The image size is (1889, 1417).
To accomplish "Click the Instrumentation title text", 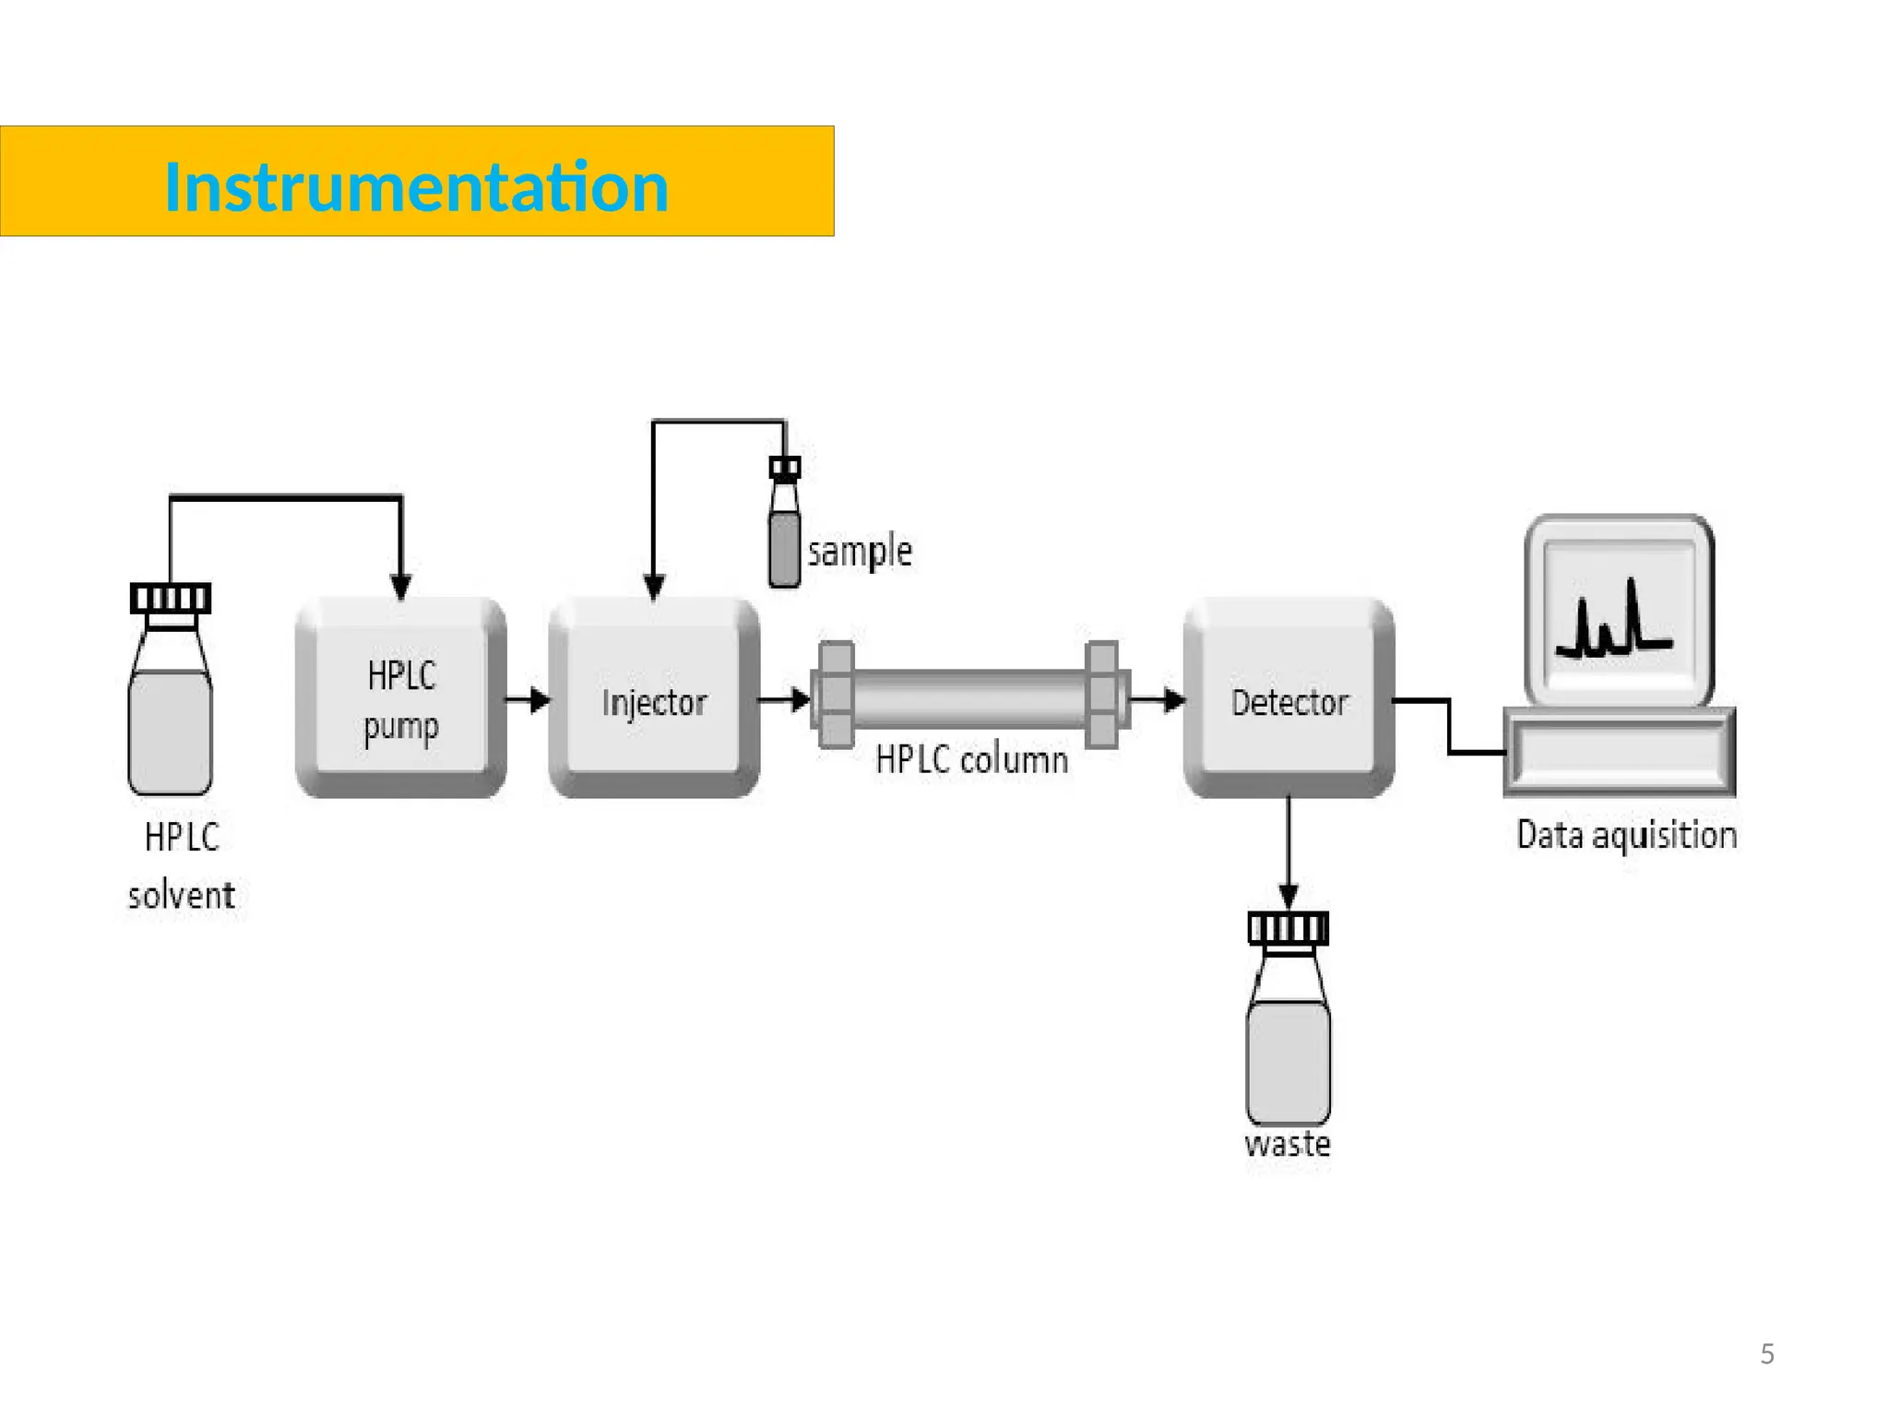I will click(416, 187).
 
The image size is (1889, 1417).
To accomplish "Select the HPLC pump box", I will click(400, 698).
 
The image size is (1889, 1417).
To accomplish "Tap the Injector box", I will click(653, 698).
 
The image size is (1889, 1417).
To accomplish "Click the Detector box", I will click(1289, 698).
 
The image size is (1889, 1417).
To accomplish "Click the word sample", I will click(860, 552).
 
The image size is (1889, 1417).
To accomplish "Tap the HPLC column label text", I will click(971, 760).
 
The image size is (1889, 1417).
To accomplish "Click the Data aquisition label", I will click(1626, 835).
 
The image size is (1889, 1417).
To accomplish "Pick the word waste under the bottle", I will click(1288, 1145).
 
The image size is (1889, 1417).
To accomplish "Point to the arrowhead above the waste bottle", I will click(1289, 895).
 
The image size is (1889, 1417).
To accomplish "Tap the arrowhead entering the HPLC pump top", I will click(400, 586).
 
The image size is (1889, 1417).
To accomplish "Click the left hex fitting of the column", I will click(836, 695).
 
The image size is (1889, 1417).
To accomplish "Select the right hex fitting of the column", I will click(1102, 695).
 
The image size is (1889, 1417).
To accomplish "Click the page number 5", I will click(1766, 1353).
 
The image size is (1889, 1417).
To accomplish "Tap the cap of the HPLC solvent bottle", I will click(171, 599).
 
